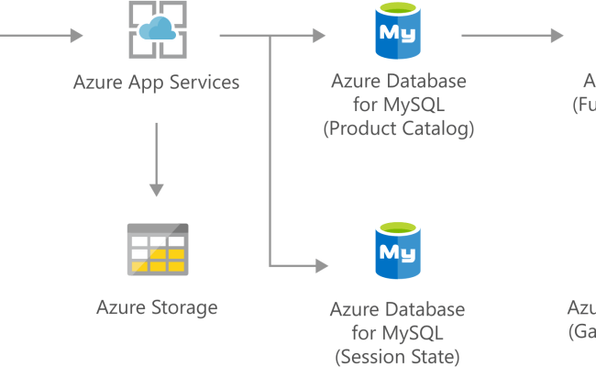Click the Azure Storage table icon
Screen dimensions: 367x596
157,249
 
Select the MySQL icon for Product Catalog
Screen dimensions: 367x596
398,33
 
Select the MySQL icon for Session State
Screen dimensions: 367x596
398,250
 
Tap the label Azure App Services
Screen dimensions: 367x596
156,83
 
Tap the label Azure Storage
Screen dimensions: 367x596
157,307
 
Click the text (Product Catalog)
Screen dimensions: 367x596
398,128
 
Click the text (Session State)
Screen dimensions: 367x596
398,356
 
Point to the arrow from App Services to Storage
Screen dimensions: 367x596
157,156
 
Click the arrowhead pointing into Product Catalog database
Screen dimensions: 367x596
319,37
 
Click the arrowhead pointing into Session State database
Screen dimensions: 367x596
321,266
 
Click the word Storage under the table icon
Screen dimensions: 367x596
186,307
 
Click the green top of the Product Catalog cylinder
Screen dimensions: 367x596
398,9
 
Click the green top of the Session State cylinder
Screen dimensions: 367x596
398,227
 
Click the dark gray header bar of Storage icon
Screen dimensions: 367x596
157,228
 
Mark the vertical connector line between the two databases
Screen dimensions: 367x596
270,151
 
